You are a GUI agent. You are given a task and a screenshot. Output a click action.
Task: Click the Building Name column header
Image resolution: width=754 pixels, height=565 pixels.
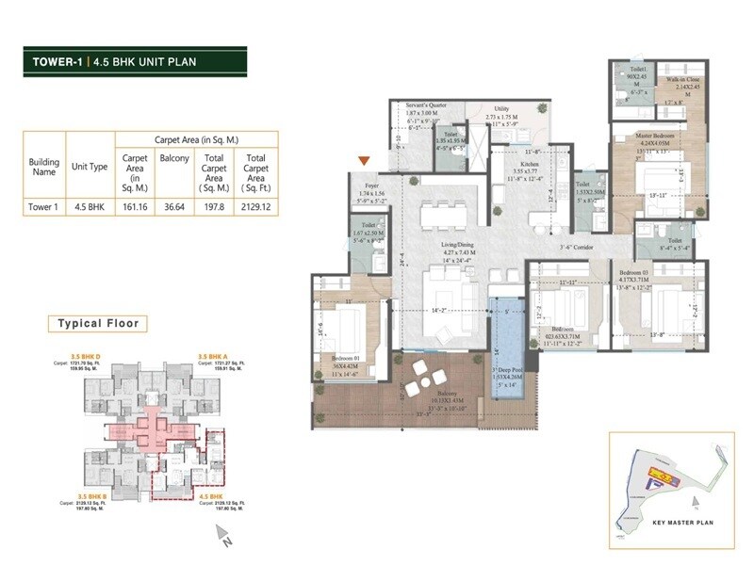(x=44, y=166)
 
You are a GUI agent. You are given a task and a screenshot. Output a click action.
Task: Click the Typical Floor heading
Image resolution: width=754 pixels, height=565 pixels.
(x=98, y=323)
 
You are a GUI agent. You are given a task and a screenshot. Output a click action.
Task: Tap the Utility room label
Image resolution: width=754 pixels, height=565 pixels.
(x=500, y=109)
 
